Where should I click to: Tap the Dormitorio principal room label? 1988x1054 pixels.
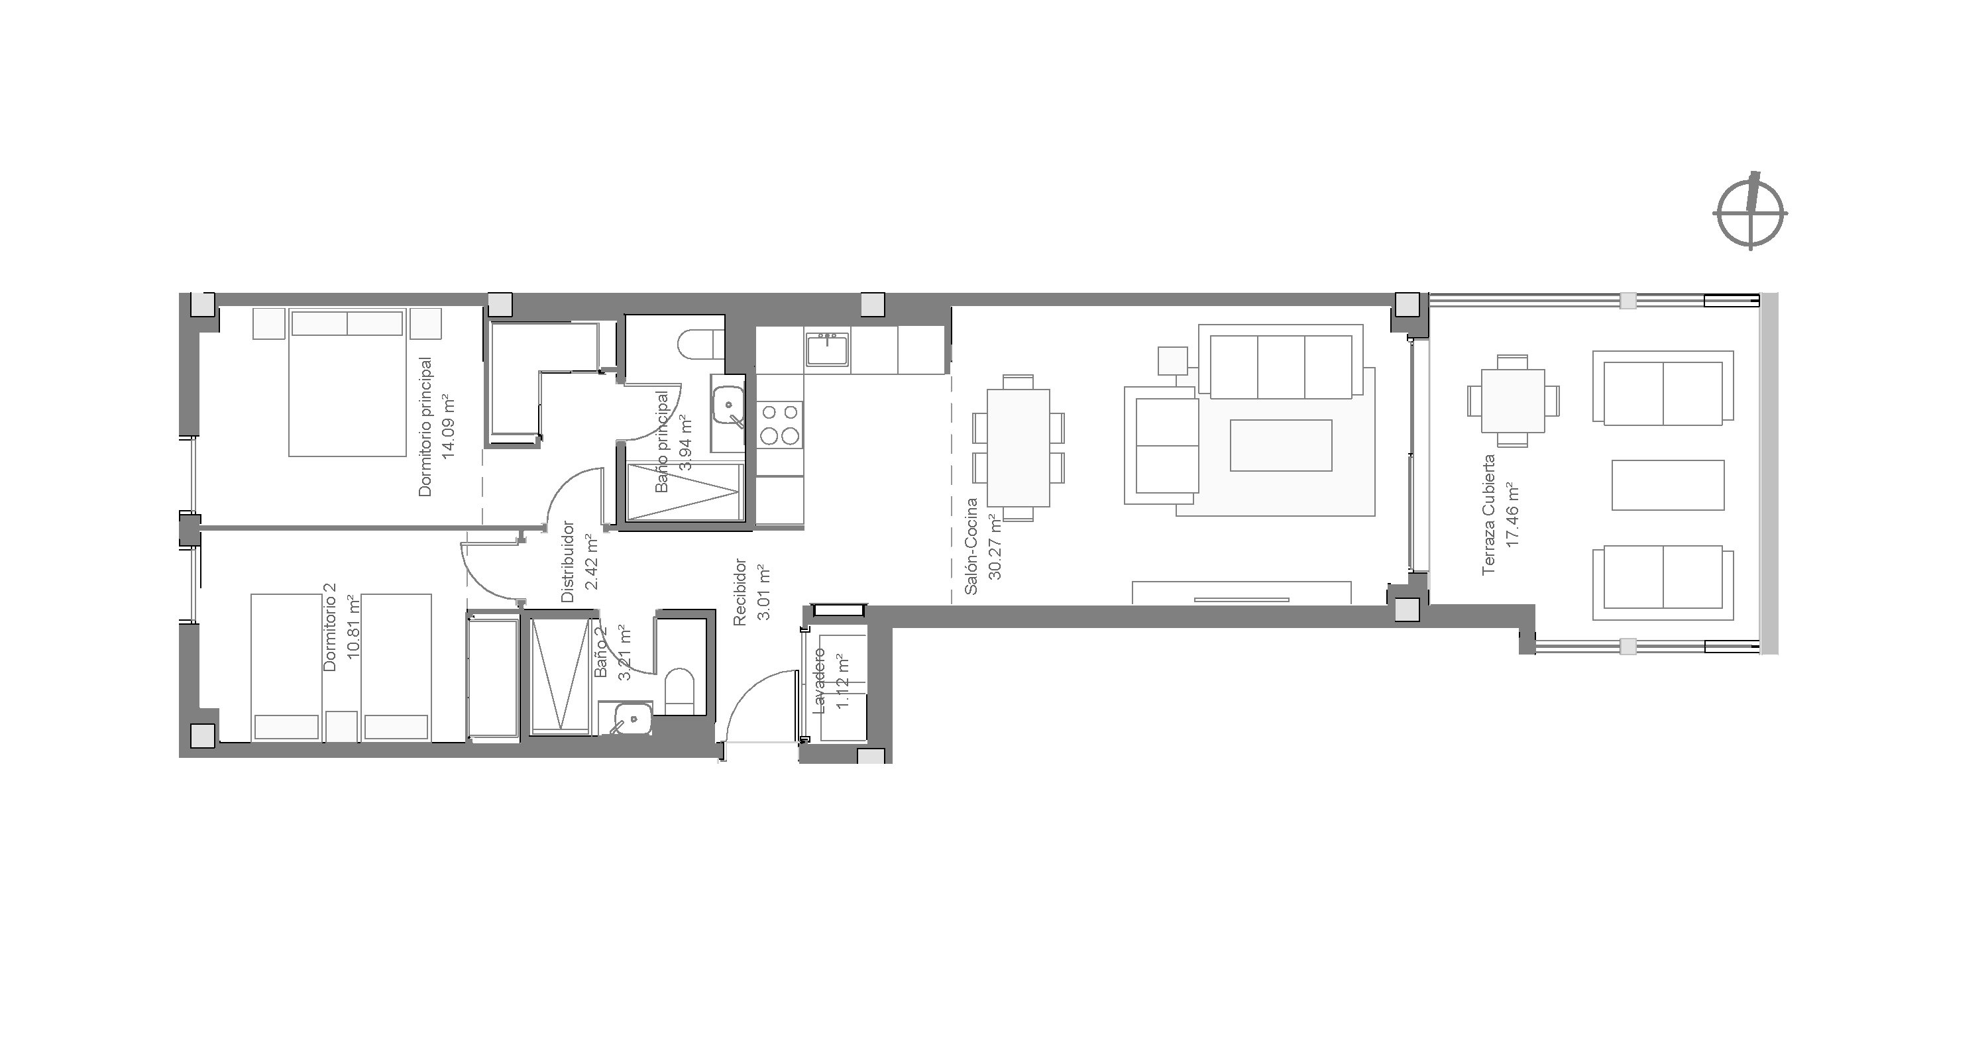(x=425, y=426)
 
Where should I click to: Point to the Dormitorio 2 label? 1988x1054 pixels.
(x=329, y=627)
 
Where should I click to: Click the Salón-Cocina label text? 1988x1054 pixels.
(x=971, y=547)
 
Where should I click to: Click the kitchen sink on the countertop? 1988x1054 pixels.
(x=827, y=350)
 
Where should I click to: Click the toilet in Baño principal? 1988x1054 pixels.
(x=700, y=343)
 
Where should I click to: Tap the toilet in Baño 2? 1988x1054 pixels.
(x=680, y=688)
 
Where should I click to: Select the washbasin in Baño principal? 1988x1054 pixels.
(x=728, y=404)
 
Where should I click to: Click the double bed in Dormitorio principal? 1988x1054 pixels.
(x=347, y=383)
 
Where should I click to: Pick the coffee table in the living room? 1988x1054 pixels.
(x=1281, y=445)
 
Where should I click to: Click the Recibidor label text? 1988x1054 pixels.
(x=740, y=593)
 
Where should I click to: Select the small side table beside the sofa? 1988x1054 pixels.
(x=1173, y=360)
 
